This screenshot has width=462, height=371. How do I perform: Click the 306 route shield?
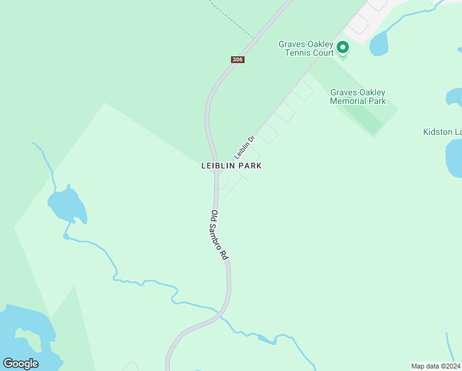pos(238,59)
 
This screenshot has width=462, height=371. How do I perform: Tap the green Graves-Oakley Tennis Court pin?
pos(342,47)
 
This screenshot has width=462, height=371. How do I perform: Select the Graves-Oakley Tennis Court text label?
pos(306,48)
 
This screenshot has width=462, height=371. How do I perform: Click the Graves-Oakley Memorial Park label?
pos(358,96)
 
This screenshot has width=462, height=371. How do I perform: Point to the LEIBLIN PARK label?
pos(232,166)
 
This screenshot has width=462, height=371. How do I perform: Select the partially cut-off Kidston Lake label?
pos(442,132)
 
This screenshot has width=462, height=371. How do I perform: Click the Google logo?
pos(20,364)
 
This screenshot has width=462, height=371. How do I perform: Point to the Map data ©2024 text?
pos(435,366)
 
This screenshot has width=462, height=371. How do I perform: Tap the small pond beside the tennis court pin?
pos(380,44)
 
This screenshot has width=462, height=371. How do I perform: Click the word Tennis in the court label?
pos(299,53)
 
